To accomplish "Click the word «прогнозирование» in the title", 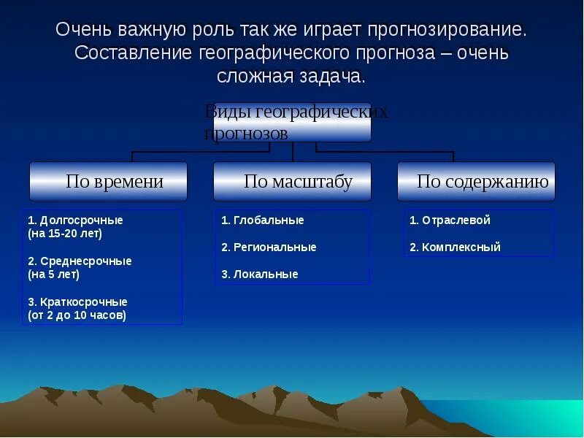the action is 447,30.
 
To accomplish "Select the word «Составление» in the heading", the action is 133,53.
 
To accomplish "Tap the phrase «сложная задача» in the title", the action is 291,77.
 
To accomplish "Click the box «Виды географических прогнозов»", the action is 293,123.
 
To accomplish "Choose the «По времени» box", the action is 108,181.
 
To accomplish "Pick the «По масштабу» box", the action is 293,181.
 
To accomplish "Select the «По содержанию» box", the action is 477,181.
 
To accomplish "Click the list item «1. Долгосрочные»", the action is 75,220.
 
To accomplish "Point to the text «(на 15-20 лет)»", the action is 65,234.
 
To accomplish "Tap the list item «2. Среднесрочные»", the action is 80,261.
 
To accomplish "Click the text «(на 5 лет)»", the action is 53,274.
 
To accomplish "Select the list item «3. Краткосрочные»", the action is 77,301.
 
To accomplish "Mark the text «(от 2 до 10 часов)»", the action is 77,315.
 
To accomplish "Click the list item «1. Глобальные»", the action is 263,220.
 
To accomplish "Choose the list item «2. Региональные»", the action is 269,247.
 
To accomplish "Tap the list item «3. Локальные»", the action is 260,274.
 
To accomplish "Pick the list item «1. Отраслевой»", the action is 450,220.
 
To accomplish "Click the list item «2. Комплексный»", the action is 455,247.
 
